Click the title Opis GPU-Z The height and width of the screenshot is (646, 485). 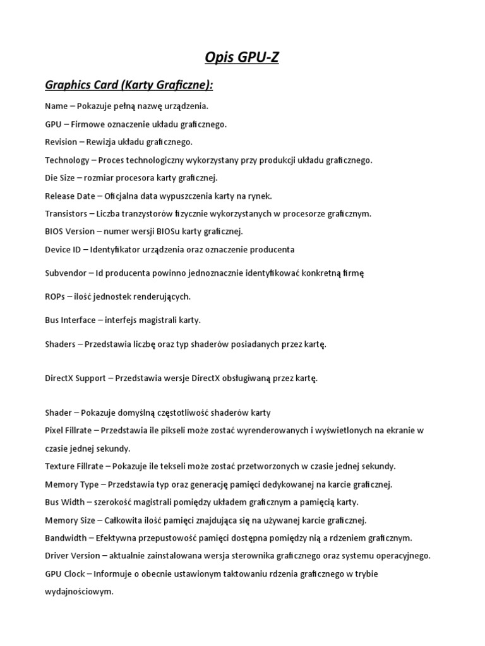242,59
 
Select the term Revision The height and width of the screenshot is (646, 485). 61,142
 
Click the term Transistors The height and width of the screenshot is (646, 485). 66,213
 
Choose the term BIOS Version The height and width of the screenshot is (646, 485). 70,231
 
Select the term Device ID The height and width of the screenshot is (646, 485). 63,249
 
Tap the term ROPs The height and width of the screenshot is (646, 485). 56,296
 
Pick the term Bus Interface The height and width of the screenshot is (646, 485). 71,320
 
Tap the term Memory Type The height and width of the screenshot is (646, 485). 72,484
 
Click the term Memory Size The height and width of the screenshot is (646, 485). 70,520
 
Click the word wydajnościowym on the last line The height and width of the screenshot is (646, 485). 80,592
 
